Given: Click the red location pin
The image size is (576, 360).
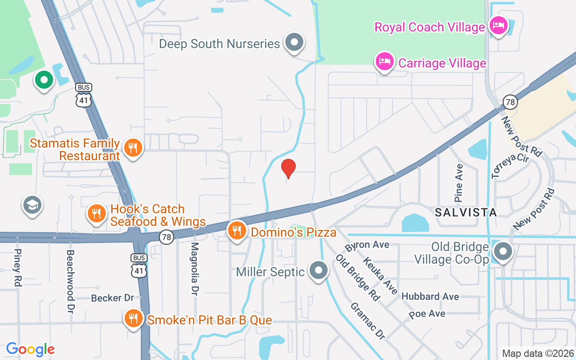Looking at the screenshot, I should click(288, 168).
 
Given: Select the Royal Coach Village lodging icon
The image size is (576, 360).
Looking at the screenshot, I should click(497, 25).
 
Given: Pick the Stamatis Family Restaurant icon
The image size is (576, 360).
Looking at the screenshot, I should click(132, 147).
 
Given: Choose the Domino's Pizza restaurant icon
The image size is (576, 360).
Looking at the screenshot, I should click(237, 230).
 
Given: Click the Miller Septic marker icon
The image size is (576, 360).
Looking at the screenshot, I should click(319, 270).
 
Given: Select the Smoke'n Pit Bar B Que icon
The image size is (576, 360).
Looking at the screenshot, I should click(133, 318).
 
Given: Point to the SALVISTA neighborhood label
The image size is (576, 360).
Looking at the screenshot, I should click(466, 212).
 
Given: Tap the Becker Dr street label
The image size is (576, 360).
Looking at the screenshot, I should click(112, 298).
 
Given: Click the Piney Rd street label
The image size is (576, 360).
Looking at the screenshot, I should click(18, 268).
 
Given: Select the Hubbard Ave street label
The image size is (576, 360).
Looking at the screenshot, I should click(430, 296).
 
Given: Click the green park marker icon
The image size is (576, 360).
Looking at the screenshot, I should click(44, 80).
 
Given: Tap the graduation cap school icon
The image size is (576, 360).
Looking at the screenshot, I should click(32, 205).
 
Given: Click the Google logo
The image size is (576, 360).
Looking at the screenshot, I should click(30, 349).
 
